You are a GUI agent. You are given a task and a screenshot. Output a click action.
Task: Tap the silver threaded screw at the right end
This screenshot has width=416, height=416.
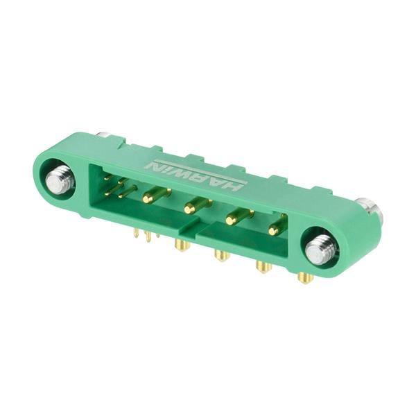321,250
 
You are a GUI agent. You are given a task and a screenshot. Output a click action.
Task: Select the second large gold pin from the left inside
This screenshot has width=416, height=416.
197,206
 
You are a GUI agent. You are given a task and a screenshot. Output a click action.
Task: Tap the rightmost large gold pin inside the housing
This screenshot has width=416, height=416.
277,227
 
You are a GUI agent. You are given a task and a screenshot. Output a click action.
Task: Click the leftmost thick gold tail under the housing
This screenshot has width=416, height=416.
182,245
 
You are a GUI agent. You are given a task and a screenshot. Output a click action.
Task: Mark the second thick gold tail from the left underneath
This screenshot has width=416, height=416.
222,255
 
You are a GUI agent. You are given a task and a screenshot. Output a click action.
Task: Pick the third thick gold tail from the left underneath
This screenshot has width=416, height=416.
263,266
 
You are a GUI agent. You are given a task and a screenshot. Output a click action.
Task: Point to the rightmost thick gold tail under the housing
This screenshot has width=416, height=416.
305,277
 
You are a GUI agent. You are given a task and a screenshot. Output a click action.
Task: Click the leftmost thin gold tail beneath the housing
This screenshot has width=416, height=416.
136,234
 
